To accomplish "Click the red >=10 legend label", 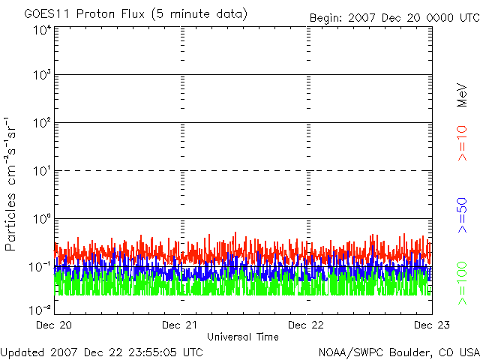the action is click(x=462, y=143).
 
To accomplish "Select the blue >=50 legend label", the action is click(x=462, y=215).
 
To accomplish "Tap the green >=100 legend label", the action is click(x=462, y=283).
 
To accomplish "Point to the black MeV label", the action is click(x=462, y=95).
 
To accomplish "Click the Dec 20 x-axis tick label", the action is click(x=54, y=325).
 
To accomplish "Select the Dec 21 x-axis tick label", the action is click(x=180, y=325).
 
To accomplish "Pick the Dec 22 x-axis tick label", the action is click(x=306, y=325).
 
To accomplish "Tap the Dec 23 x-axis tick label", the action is click(x=432, y=325).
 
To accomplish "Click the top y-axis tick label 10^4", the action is click(x=42, y=30).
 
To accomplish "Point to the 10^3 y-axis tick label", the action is click(x=42, y=75).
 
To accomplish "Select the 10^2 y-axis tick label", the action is click(x=42, y=123).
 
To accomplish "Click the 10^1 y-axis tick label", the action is click(x=42, y=171).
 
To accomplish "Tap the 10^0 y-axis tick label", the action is click(x=42, y=219).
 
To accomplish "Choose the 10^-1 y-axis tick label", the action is click(x=40, y=267).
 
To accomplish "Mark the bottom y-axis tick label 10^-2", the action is click(x=40, y=310).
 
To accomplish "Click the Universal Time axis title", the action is click(x=243, y=337).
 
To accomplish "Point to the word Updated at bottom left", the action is click(x=23, y=352).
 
